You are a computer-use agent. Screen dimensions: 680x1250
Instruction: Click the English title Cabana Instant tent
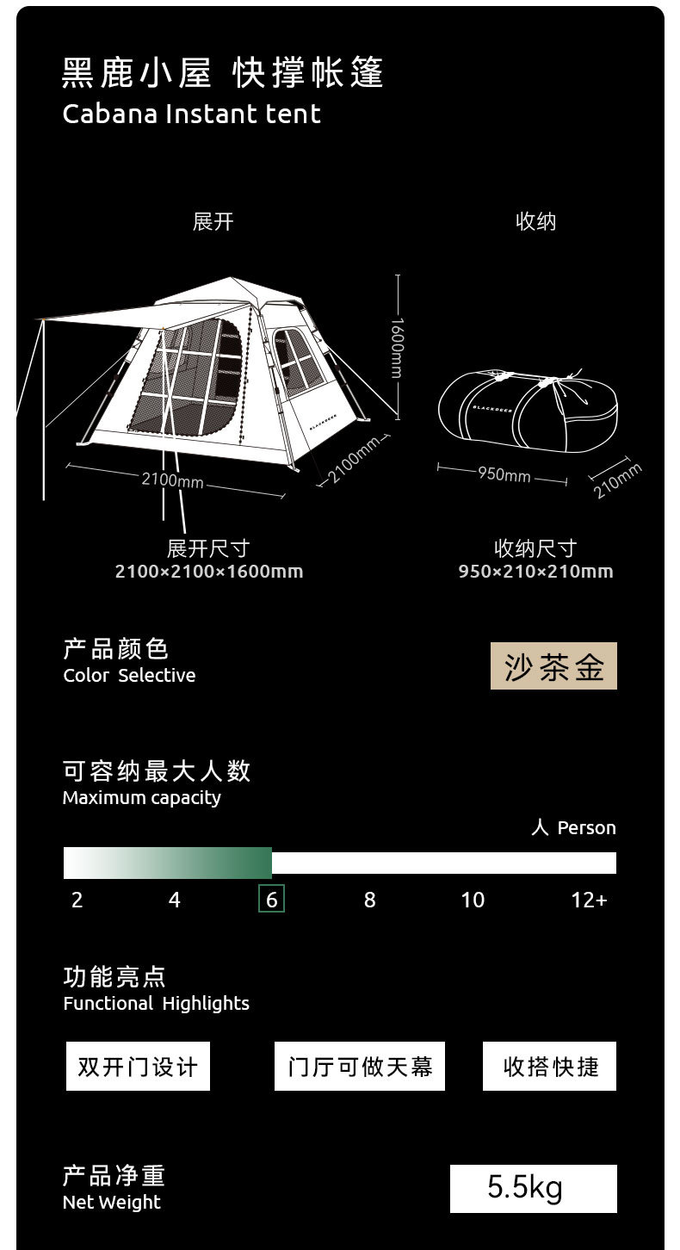click(191, 114)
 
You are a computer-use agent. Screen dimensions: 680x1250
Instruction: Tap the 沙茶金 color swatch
click(553, 666)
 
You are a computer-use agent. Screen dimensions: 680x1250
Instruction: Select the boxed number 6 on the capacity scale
click(272, 900)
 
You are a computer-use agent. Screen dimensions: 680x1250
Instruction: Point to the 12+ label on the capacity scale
click(589, 900)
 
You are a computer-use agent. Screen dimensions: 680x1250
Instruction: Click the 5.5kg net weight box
click(533, 1188)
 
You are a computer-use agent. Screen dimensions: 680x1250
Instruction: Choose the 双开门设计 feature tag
click(138, 1067)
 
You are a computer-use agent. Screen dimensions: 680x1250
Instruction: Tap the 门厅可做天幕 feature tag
click(360, 1067)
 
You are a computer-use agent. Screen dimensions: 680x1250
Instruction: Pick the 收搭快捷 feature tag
click(549, 1067)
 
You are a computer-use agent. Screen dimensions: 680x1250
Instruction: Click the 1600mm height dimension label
click(396, 348)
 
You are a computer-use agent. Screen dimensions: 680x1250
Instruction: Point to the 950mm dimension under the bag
click(504, 474)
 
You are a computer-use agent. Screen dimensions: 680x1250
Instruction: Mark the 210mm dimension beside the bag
click(617, 480)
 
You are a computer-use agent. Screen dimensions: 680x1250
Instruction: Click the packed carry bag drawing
click(527, 408)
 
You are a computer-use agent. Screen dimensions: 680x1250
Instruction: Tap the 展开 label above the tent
click(213, 222)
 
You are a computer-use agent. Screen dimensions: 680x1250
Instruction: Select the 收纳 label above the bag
click(535, 222)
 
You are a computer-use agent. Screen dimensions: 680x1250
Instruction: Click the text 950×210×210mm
click(535, 572)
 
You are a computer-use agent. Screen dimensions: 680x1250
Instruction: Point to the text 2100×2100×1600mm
click(209, 572)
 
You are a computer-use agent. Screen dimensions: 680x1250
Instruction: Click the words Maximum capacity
click(141, 798)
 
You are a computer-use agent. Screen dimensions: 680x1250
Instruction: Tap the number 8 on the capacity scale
click(369, 900)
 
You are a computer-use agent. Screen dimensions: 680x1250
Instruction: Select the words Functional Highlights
click(156, 1004)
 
